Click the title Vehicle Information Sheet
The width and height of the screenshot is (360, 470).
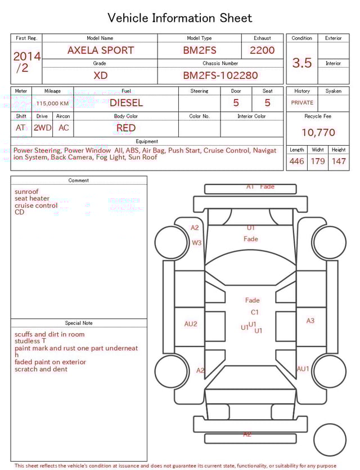179,18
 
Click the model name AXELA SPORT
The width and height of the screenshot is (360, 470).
101,50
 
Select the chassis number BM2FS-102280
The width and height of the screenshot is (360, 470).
220,75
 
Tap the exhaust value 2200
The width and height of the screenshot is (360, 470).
262,50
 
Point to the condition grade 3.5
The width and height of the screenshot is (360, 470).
302,63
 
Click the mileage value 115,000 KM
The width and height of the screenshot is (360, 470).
52,104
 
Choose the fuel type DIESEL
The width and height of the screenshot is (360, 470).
126,103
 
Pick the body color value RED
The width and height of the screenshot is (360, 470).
126,128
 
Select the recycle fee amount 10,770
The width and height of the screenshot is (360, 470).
318,133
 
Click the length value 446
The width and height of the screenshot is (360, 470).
297,162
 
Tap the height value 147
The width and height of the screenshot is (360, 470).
339,162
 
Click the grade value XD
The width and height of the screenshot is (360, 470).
101,75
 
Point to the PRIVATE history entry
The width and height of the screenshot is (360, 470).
302,103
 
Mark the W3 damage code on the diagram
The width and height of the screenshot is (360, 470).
196,243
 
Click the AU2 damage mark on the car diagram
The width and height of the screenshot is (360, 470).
191,324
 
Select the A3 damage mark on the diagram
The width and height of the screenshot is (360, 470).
310,321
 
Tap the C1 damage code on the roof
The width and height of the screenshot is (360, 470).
255,312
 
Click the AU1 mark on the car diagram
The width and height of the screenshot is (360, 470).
303,369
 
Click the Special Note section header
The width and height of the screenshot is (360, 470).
79,323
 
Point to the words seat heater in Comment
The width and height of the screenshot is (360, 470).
32,199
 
